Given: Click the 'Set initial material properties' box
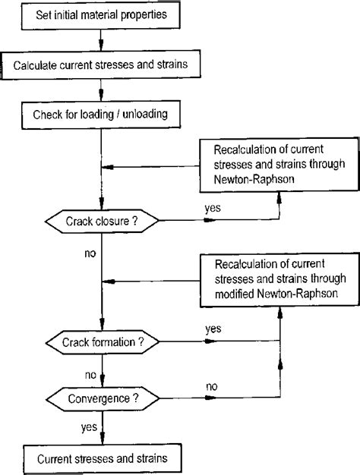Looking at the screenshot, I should (x=98, y=14).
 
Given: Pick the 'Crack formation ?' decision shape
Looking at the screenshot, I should (x=103, y=343).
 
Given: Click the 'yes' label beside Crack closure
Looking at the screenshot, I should (x=213, y=207).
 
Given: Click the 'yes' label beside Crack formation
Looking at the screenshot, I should (x=213, y=328).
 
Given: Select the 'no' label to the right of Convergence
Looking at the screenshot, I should (x=213, y=386).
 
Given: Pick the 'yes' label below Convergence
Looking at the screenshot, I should (x=89, y=428).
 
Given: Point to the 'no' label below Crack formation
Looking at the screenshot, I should (x=90, y=374).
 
